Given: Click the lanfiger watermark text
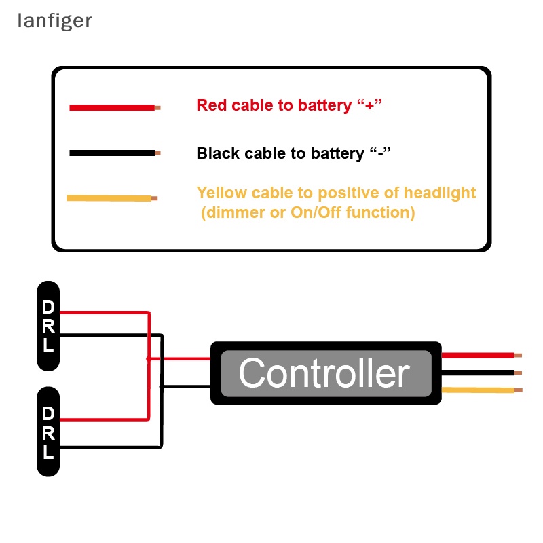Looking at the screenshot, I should [x=54, y=21].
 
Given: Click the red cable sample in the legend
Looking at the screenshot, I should [x=112, y=107].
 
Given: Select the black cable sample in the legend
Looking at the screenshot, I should [x=112, y=153].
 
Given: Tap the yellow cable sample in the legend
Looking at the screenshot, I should [x=109, y=198].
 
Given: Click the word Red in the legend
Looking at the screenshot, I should [x=212, y=105].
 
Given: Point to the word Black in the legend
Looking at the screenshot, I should [x=217, y=153].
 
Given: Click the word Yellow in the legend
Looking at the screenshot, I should [x=220, y=193].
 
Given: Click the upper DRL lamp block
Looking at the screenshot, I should [x=48, y=326].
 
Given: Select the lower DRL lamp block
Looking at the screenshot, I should [x=48, y=432].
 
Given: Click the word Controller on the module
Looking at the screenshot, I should [x=324, y=373].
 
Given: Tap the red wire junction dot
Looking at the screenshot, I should [x=148, y=358].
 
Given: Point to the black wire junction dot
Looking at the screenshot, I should [x=162, y=386].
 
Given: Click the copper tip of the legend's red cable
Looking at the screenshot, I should [x=157, y=107].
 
